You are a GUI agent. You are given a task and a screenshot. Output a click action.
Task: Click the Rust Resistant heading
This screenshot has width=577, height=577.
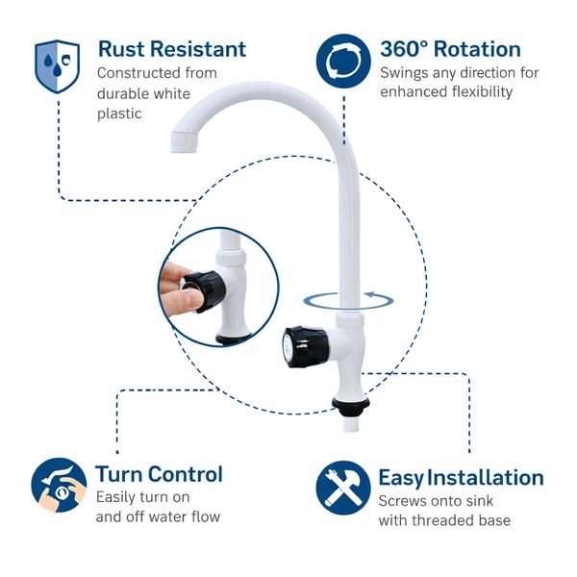point(171,49)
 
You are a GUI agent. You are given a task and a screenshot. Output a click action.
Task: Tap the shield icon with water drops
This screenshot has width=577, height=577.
point(57,66)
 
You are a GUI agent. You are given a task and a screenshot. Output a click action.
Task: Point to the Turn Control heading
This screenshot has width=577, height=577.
point(159,474)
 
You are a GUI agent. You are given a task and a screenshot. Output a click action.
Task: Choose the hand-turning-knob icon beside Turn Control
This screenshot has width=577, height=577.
point(59,486)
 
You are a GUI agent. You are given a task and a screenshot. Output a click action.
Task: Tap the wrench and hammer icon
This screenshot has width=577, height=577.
point(343,489)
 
